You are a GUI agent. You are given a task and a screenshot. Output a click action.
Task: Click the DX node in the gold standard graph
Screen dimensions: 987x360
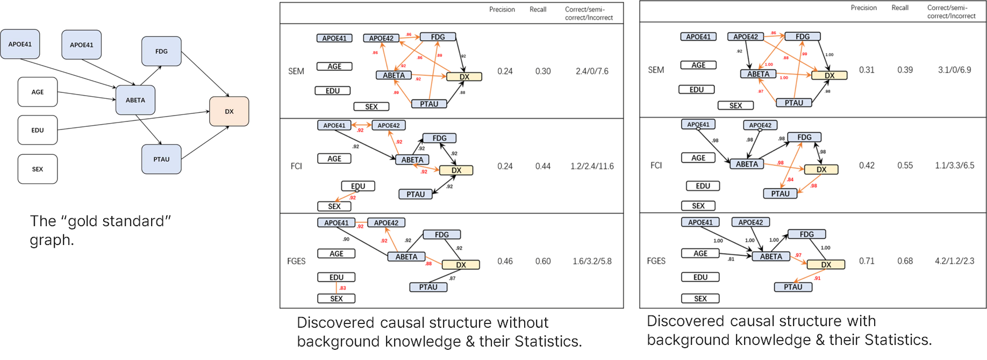229,112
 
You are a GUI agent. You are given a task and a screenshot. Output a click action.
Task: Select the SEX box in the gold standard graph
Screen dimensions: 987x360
38,169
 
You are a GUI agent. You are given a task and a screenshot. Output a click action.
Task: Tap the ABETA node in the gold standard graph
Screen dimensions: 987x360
135,100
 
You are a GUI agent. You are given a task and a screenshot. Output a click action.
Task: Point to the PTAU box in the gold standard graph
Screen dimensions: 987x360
161,159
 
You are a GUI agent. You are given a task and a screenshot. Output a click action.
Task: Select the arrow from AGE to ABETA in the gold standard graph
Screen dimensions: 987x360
86,96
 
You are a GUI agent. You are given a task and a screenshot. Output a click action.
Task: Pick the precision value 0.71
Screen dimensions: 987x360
867,261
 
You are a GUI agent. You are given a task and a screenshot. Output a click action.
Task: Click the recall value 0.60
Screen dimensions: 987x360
543,261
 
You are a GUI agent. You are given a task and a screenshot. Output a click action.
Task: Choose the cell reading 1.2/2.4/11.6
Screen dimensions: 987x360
592,166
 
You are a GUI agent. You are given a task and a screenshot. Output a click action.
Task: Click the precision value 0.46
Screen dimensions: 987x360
505,261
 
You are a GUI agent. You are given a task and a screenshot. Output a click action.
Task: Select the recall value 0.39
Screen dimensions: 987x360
905,70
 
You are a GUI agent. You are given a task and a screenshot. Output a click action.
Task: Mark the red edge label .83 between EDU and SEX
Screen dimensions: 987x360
342,288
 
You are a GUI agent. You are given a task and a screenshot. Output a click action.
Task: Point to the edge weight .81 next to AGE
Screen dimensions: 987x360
731,259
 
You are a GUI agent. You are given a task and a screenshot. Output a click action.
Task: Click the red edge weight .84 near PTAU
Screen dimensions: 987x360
790,179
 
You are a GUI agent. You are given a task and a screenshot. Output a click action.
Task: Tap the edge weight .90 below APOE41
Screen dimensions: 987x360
346,239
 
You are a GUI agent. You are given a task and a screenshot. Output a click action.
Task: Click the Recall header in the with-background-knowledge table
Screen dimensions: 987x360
900,8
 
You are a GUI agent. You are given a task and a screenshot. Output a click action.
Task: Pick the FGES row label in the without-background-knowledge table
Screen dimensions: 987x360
296,261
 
